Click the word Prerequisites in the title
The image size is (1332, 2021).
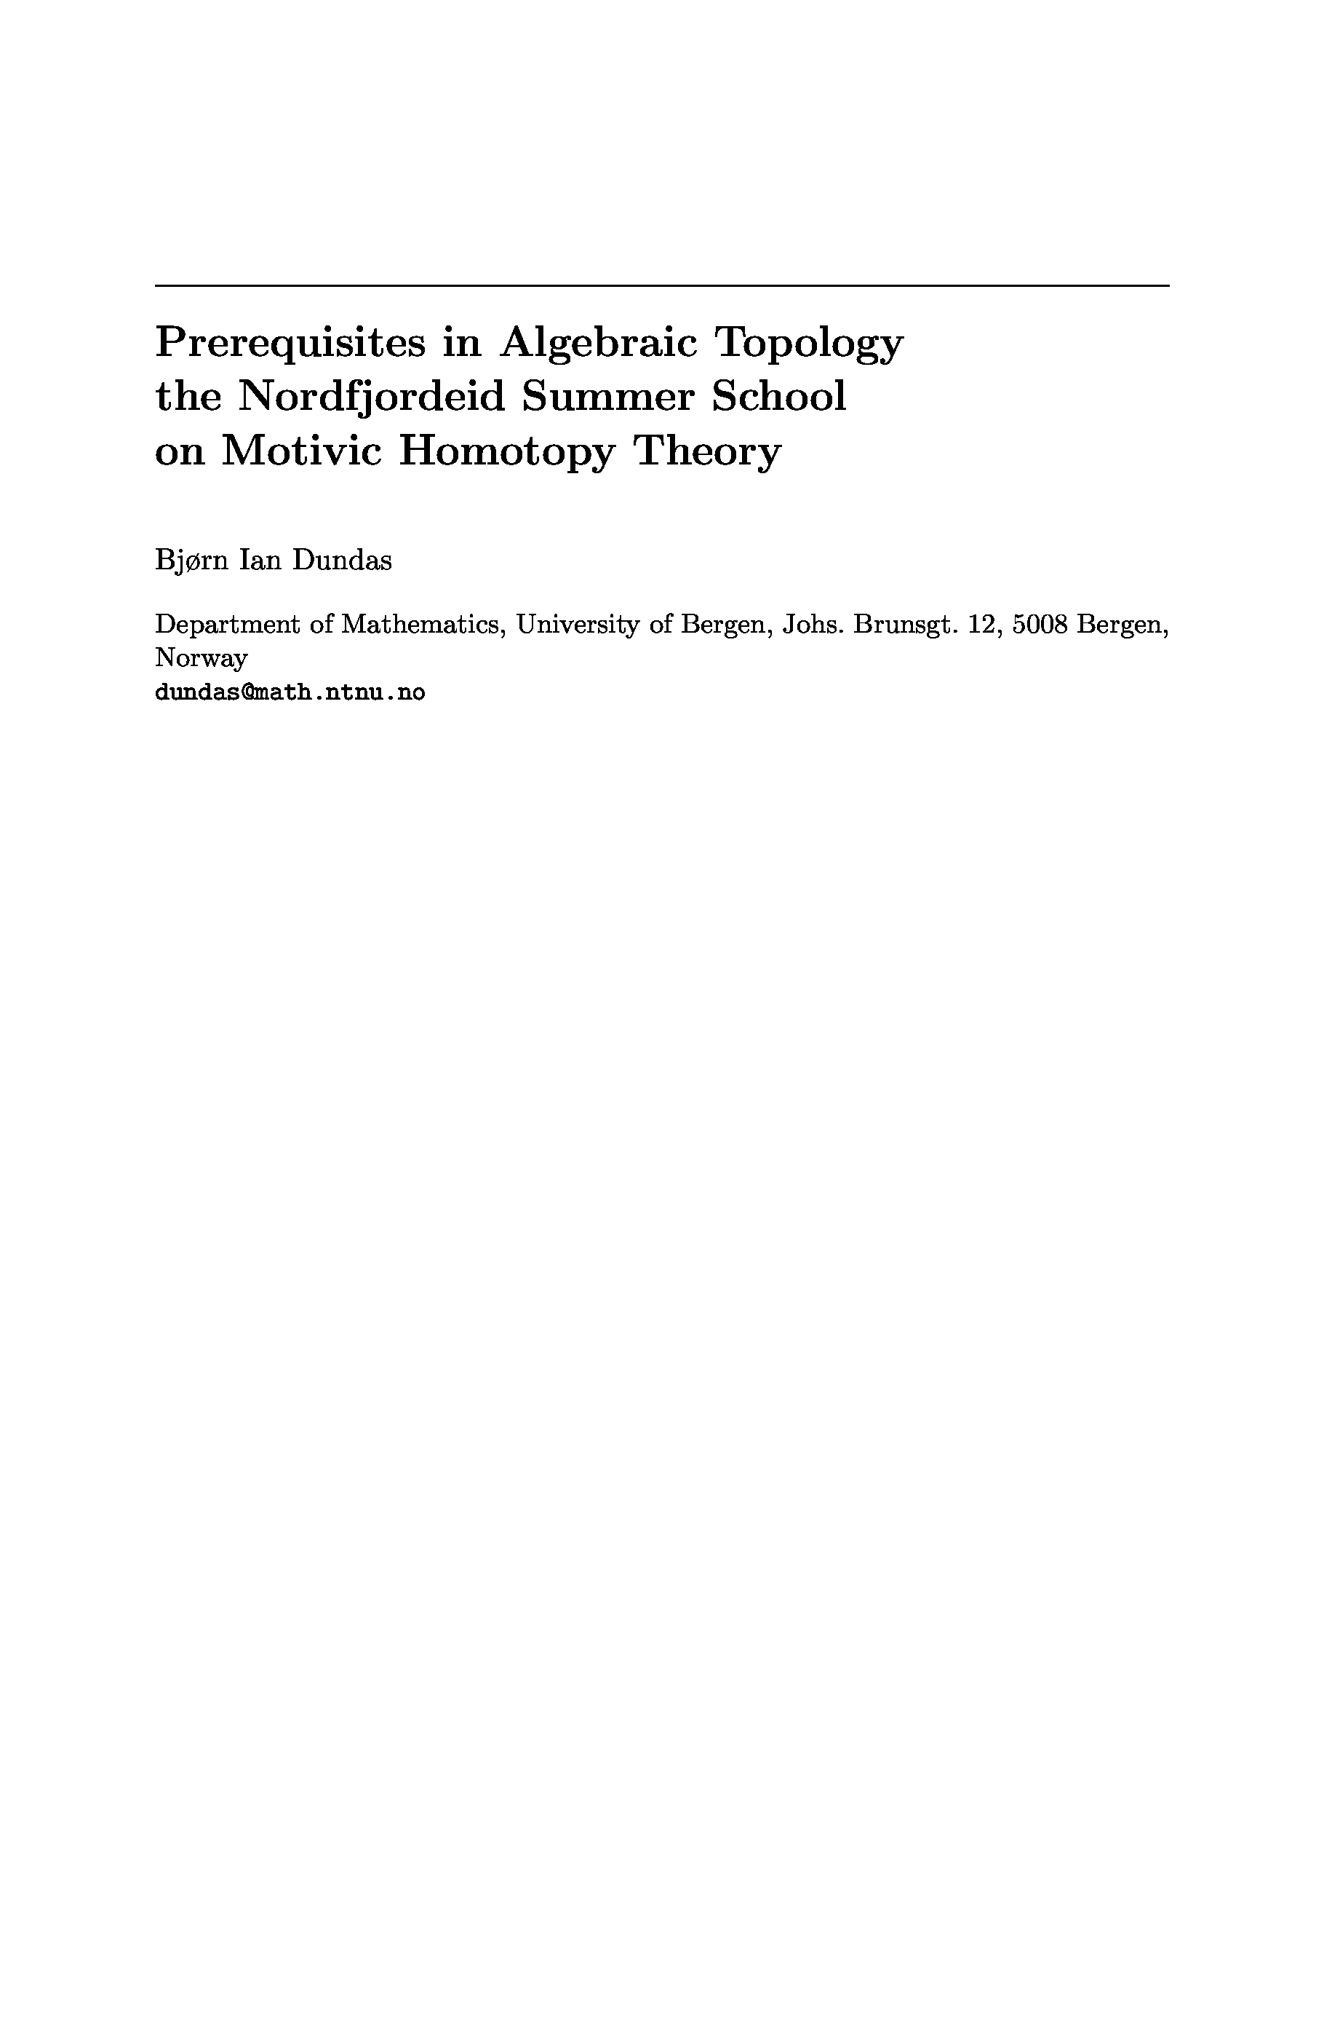290,344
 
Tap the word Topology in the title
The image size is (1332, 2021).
809,344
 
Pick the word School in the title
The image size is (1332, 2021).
779,397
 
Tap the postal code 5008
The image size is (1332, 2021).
1040,625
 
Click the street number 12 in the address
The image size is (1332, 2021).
981,625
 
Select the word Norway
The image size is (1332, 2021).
202,658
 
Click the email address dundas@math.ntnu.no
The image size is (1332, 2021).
290,692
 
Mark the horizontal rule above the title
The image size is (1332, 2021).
662,285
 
